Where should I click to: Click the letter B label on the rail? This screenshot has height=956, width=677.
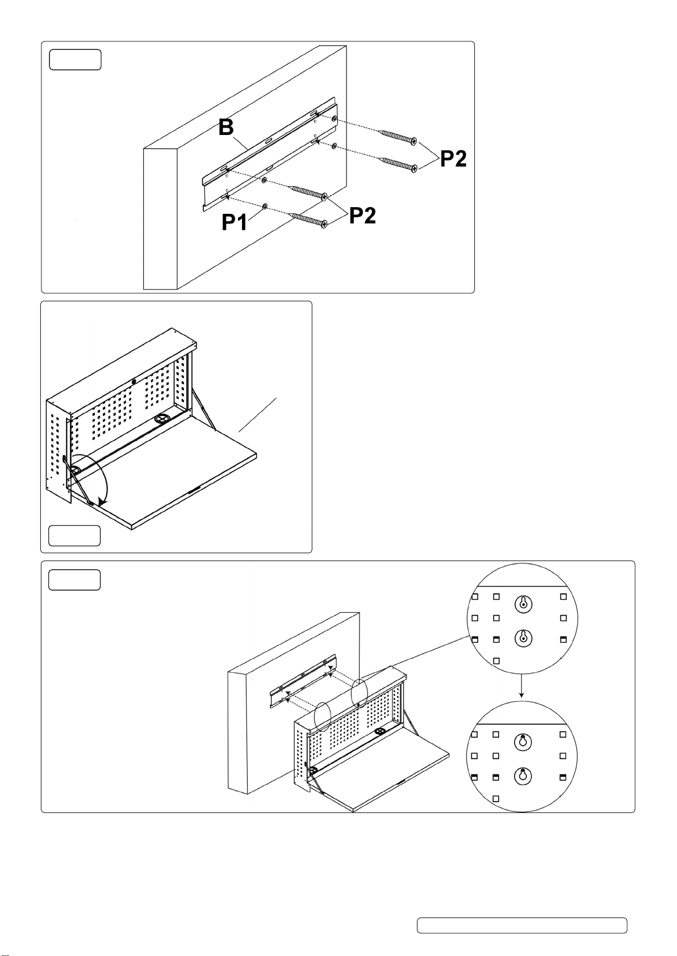point(226,127)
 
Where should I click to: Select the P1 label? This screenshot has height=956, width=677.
point(235,221)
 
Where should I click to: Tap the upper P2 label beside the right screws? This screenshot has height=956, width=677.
point(453,159)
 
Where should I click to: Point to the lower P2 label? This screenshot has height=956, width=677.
point(362,215)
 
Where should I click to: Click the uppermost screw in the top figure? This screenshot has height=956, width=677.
point(398,137)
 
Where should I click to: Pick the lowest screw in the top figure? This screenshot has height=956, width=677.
point(307,220)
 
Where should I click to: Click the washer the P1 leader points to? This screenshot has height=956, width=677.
point(265,205)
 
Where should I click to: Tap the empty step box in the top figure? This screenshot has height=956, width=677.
point(75,60)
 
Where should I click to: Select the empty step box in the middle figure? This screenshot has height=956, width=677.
point(74,536)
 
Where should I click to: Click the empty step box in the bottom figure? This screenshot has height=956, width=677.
point(74,580)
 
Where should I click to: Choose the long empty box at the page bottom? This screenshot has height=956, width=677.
point(522,925)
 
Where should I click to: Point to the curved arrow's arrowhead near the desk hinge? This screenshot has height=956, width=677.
point(102,500)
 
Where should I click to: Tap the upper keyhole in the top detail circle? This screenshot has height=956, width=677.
point(523,605)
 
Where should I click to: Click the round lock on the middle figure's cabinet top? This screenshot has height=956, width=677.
point(134,382)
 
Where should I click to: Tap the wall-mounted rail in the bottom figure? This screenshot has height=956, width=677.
point(303,681)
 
